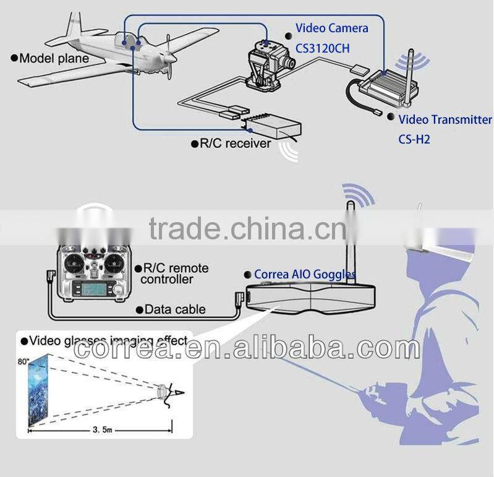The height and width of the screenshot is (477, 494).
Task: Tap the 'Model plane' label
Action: [x=53, y=59]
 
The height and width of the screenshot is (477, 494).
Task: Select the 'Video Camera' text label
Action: [x=331, y=28]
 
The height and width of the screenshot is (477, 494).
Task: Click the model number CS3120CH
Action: [x=323, y=46]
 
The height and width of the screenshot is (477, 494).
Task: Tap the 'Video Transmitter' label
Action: [x=445, y=120]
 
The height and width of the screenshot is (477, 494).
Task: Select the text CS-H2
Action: [x=414, y=139]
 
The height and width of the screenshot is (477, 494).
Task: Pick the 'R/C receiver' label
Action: [x=234, y=144]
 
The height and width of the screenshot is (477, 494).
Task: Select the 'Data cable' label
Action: [x=175, y=309]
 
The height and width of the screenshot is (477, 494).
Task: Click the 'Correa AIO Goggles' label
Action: [x=304, y=273]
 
